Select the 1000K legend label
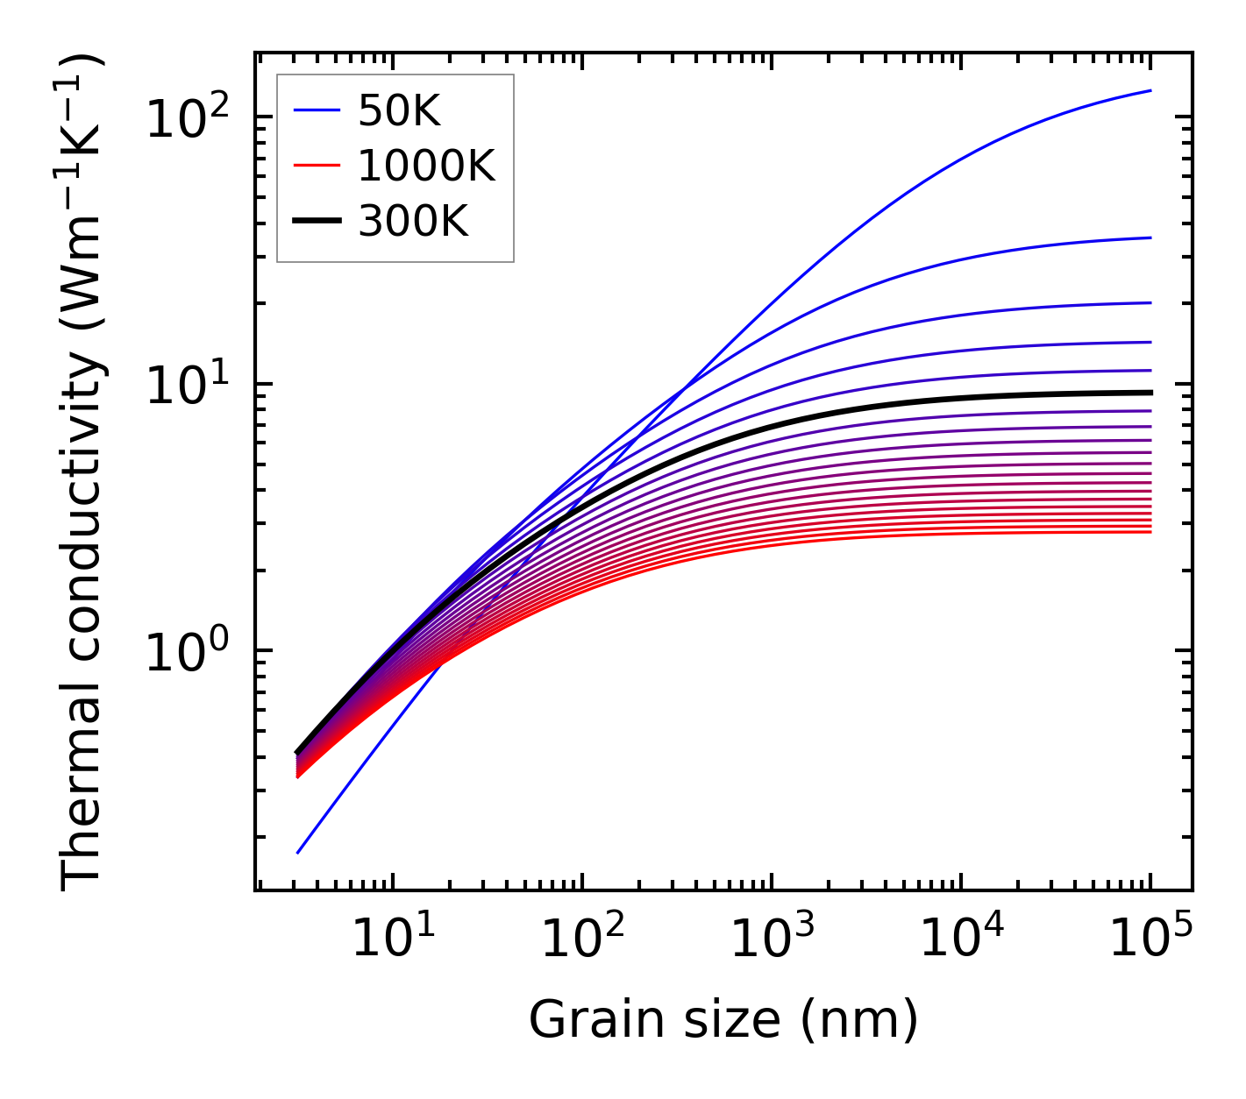click(426, 167)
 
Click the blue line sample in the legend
click(316, 110)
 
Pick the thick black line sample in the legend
click(316, 223)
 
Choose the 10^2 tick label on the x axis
click(581, 939)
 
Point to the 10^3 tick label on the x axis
click(771, 939)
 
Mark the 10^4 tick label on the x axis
click(961, 939)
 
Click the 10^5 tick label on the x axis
click(1150, 939)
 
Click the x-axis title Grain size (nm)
click(723, 1020)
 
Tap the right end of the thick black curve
click(1150, 393)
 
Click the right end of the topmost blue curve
click(1150, 90)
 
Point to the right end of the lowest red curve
click(1150, 532)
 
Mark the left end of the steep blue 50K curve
click(298, 852)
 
